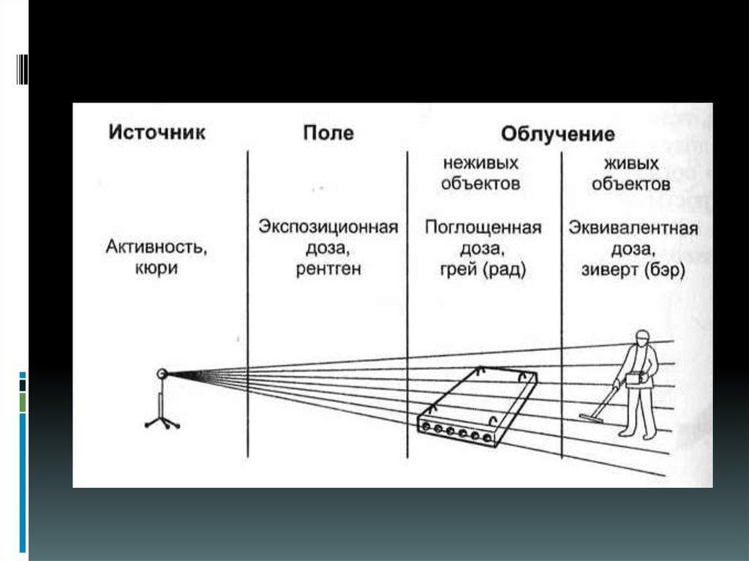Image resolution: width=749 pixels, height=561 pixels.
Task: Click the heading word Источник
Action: point(157,132)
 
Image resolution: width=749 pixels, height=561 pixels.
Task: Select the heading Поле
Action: point(328,133)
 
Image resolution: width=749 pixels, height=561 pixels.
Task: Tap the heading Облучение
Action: point(558,135)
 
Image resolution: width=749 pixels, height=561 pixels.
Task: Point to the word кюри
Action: point(157,268)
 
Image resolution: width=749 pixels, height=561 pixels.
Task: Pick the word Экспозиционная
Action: point(328,227)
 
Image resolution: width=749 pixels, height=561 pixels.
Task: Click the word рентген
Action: point(328,269)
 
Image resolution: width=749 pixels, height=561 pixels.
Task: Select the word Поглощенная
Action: point(483,227)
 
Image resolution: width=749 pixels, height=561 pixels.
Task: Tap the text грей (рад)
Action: point(483,270)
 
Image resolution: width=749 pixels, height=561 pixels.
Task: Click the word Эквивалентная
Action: point(633,228)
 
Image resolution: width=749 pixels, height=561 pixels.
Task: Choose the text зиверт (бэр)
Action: point(633,271)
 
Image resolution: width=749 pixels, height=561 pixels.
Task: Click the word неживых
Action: point(481,163)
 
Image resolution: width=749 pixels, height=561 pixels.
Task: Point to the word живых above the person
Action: point(631,164)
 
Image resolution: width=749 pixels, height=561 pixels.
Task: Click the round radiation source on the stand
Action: point(162,374)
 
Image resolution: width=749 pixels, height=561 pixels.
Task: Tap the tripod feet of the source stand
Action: point(162,423)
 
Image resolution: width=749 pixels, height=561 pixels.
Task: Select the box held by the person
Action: point(634,379)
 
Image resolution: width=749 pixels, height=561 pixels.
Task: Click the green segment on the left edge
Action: point(23,402)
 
